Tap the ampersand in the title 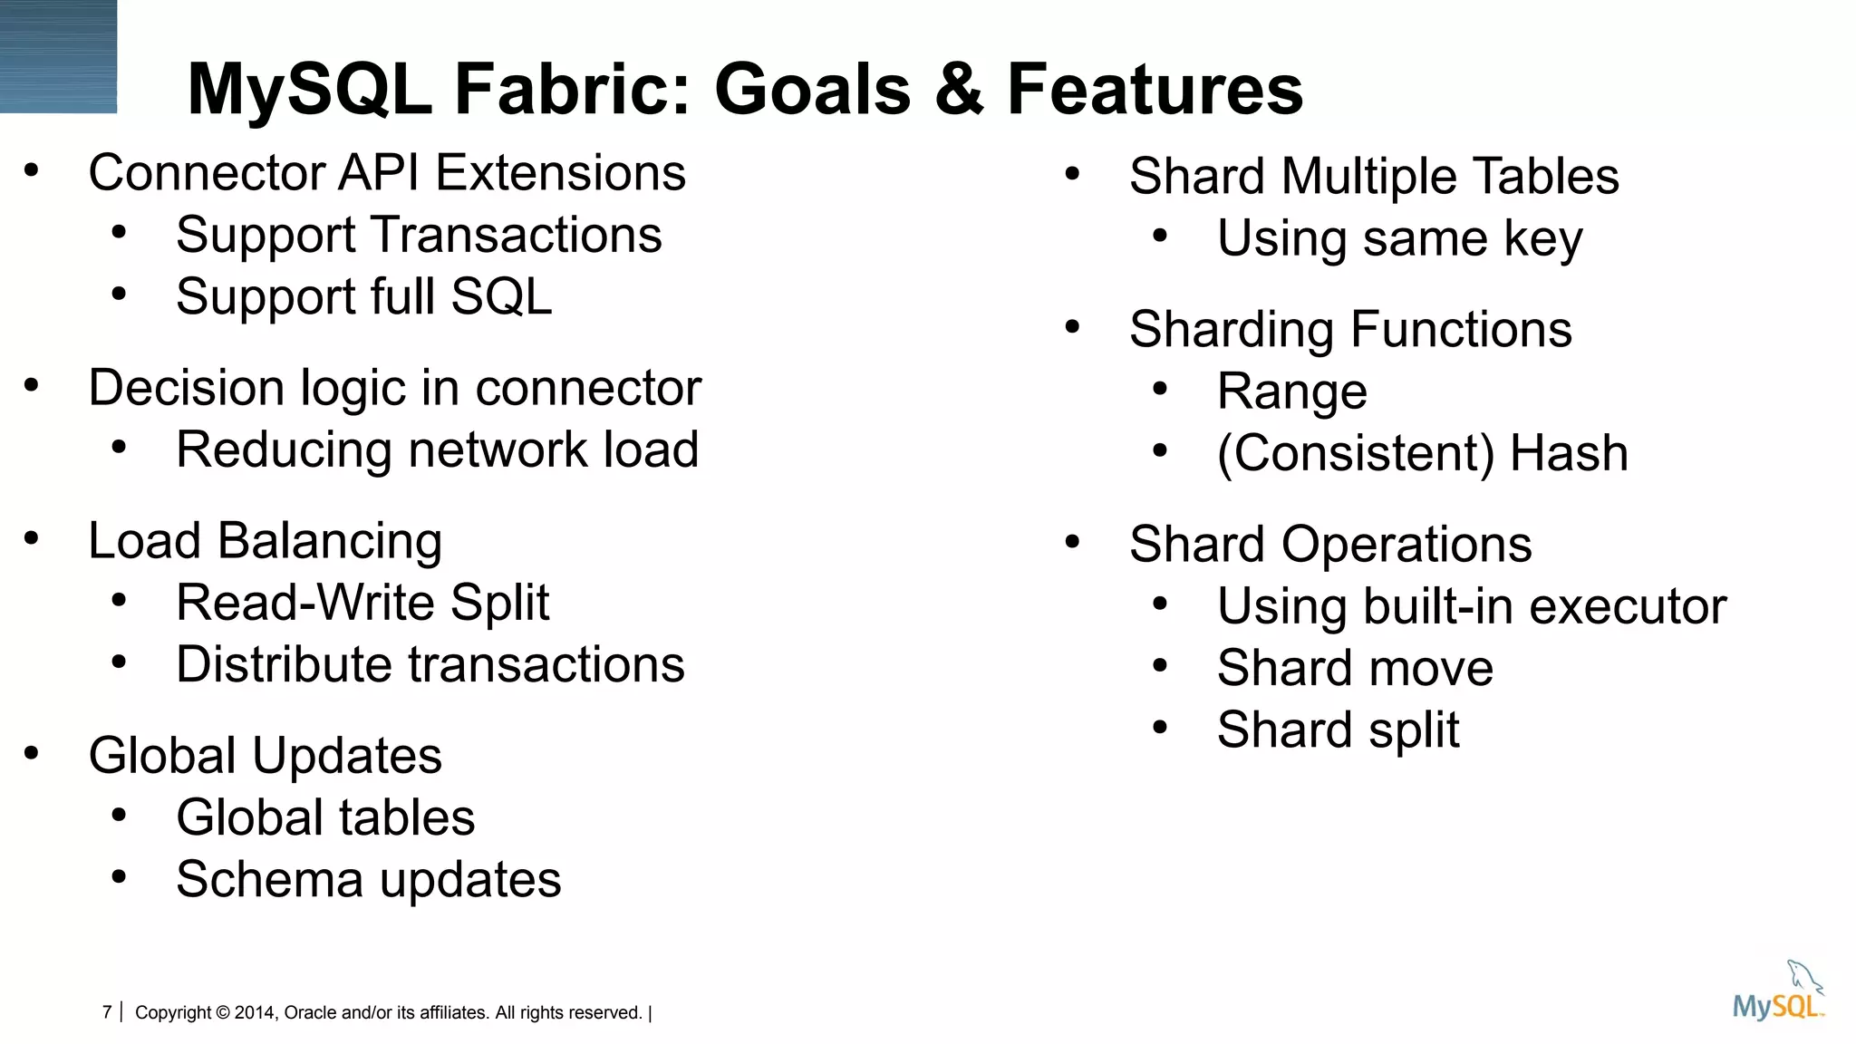959,89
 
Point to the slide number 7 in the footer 107,1012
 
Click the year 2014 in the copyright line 255,1013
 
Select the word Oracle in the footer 308,1013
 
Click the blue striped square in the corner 58,56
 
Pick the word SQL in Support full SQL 501,296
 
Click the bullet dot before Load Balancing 32,538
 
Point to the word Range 1291,391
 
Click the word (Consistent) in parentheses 1355,453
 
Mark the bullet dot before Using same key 1160,237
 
